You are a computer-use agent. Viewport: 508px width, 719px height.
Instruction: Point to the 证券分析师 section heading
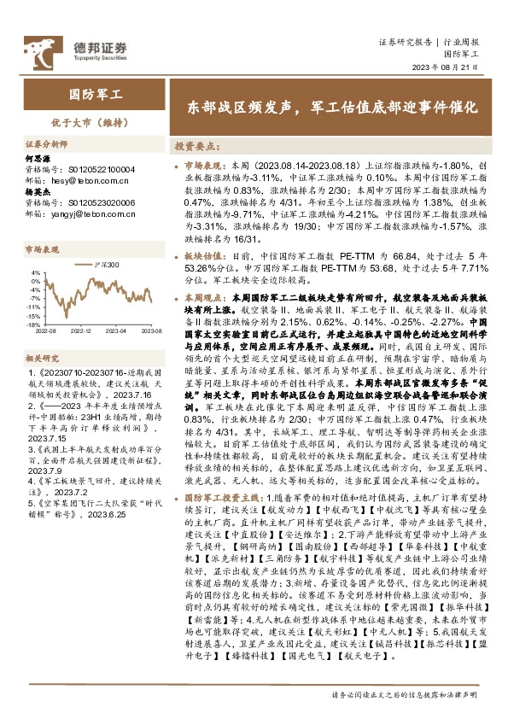pyautogui.click(x=46, y=146)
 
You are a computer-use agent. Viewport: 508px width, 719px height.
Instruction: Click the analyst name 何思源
pyautogui.click(x=40, y=159)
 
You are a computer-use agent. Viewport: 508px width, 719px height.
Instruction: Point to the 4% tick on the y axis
pyautogui.click(x=35, y=272)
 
